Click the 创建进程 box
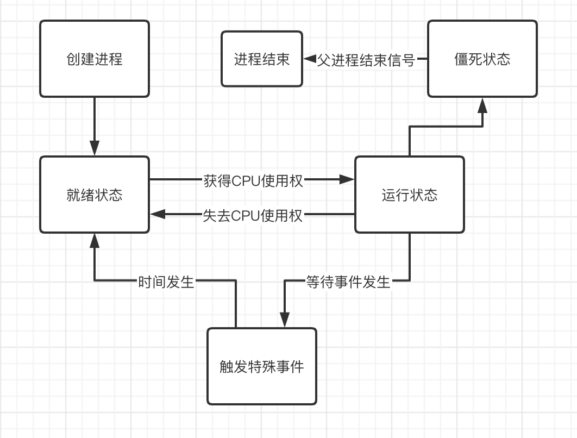click(x=95, y=59)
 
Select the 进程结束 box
click(x=262, y=59)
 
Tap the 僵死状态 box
click(x=482, y=59)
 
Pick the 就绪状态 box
click(x=95, y=195)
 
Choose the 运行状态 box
click(x=410, y=195)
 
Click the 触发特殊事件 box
click(x=262, y=366)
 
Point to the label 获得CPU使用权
click(x=253, y=181)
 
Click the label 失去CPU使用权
click(x=253, y=216)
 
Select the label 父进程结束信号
click(x=366, y=60)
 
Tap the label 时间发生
click(x=166, y=282)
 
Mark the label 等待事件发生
click(x=348, y=282)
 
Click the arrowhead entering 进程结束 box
click(x=310, y=59)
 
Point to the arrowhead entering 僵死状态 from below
click(x=482, y=105)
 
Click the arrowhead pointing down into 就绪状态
click(x=95, y=148)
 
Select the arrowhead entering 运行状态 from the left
click(x=347, y=179)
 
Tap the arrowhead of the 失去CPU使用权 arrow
click(x=158, y=214)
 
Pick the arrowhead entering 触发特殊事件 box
click(x=285, y=320)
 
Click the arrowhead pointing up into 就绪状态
click(x=95, y=241)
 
